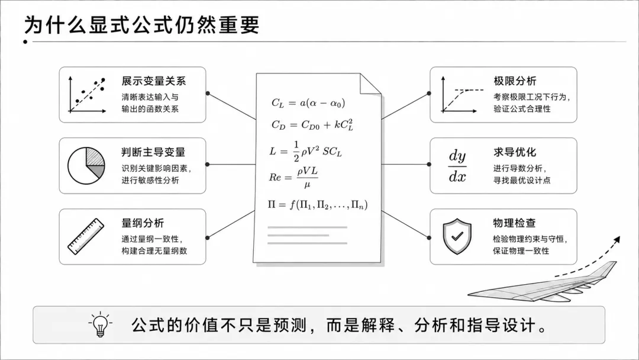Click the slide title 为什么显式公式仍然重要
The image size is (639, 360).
pyautogui.click(x=142, y=25)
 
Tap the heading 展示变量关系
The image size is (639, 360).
pyautogui.click(x=154, y=81)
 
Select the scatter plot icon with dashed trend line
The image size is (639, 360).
pyautogui.click(x=87, y=95)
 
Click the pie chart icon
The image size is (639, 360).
pyautogui.click(x=86, y=166)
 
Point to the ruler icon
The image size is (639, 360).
pyautogui.click(x=86, y=236)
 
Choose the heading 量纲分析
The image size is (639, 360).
pyautogui.click(x=143, y=223)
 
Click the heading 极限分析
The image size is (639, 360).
pyautogui.click(x=515, y=81)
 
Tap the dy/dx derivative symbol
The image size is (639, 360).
pyautogui.click(x=457, y=166)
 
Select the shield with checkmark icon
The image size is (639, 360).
pyautogui.click(x=457, y=236)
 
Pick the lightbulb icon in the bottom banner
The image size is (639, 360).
pyautogui.click(x=100, y=324)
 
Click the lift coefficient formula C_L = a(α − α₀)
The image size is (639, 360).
pyautogui.click(x=308, y=103)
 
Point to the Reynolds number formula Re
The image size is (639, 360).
pyautogui.click(x=293, y=178)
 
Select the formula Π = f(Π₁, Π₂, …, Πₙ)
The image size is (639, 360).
pyautogui.click(x=318, y=204)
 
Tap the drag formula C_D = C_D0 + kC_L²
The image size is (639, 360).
pyautogui.click(x=312, y=125)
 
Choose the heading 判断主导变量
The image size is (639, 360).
pyautogui.click(x=154, y=152)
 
